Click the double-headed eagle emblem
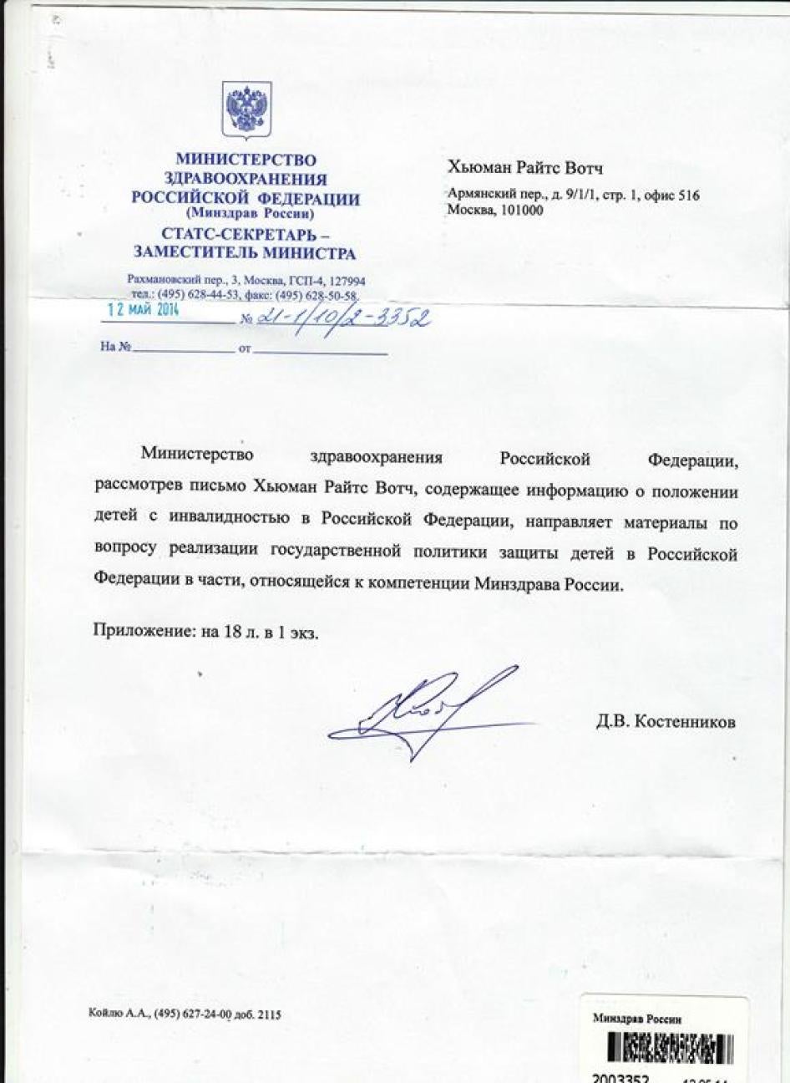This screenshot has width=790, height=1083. click(246, 109)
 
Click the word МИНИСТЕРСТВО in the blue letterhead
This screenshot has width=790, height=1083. click(246, 159)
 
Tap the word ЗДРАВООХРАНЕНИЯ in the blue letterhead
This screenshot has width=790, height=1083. click(246, 179)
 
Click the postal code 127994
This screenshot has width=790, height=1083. click(344, 282)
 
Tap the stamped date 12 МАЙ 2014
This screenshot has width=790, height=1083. click(139, 307)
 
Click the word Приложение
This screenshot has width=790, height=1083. click(142, 631)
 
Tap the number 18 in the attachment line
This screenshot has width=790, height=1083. click(232, 631)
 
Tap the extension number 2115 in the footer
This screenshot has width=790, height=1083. click(266, 1014)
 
